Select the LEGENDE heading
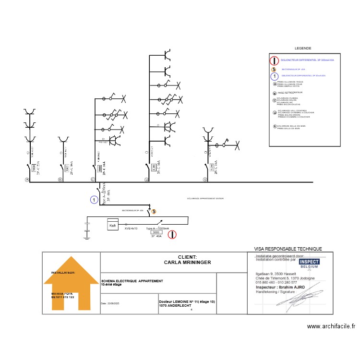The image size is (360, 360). [303, 48]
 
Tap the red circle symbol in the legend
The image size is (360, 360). [274, 60]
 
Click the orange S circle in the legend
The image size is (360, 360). [274, 69]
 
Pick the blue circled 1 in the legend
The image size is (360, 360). [274, 76]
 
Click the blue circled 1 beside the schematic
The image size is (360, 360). [94, 199]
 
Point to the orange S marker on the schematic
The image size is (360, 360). [154, 211]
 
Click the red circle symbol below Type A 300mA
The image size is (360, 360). [173, 235]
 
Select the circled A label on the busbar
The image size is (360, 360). [27, 180]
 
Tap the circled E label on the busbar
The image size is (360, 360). [205, 180]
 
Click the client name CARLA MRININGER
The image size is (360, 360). [187, 263]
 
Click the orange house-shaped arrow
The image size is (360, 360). [71, 283]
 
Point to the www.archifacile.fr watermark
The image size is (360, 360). [331, 326]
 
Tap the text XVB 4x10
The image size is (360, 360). [131, 228]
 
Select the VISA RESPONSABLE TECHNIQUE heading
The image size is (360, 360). [288, 249]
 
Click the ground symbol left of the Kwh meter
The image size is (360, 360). [87, 229]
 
